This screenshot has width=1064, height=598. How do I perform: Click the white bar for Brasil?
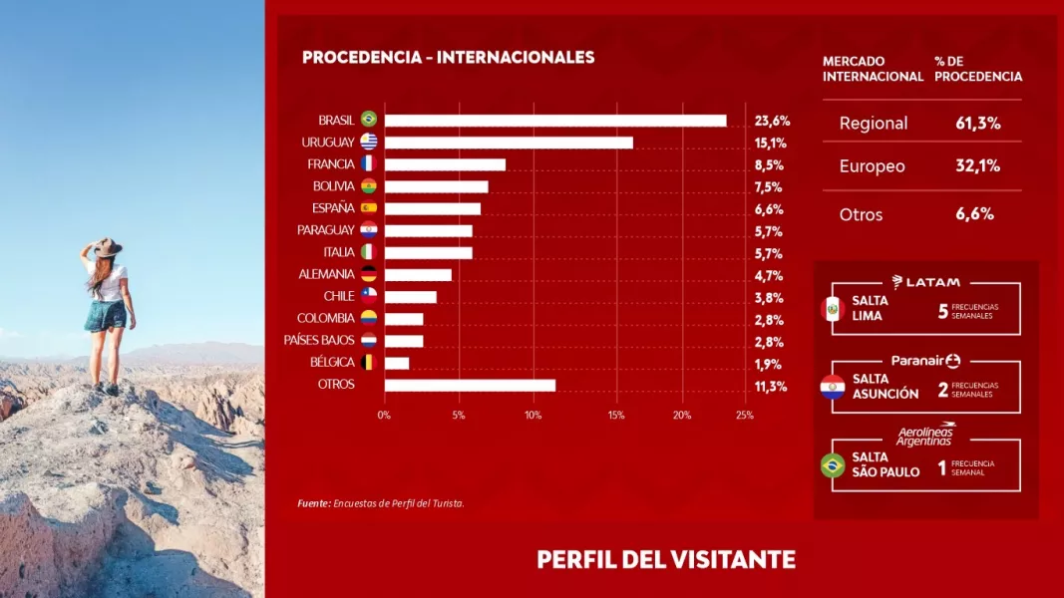555,120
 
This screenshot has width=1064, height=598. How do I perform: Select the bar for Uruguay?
509,143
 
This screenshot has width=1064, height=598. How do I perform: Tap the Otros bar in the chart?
470,385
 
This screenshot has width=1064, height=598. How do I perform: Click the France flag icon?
368,163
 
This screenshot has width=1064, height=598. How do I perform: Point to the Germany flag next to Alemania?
368,274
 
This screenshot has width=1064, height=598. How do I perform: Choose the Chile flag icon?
368,296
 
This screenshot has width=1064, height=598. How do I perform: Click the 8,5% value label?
768,164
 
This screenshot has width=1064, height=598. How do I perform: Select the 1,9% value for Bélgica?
768,364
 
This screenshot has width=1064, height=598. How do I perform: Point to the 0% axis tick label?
384,415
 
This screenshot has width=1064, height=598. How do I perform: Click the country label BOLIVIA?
333,186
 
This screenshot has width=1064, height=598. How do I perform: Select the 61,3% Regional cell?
977,124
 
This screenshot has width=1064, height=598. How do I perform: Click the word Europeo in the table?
873,166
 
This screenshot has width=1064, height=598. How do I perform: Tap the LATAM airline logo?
926,282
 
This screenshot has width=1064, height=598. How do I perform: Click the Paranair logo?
925,361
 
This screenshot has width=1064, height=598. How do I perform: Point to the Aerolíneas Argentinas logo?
924,435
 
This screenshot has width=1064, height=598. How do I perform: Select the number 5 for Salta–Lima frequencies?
942,311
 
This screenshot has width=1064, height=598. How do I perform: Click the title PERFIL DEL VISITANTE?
666,559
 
